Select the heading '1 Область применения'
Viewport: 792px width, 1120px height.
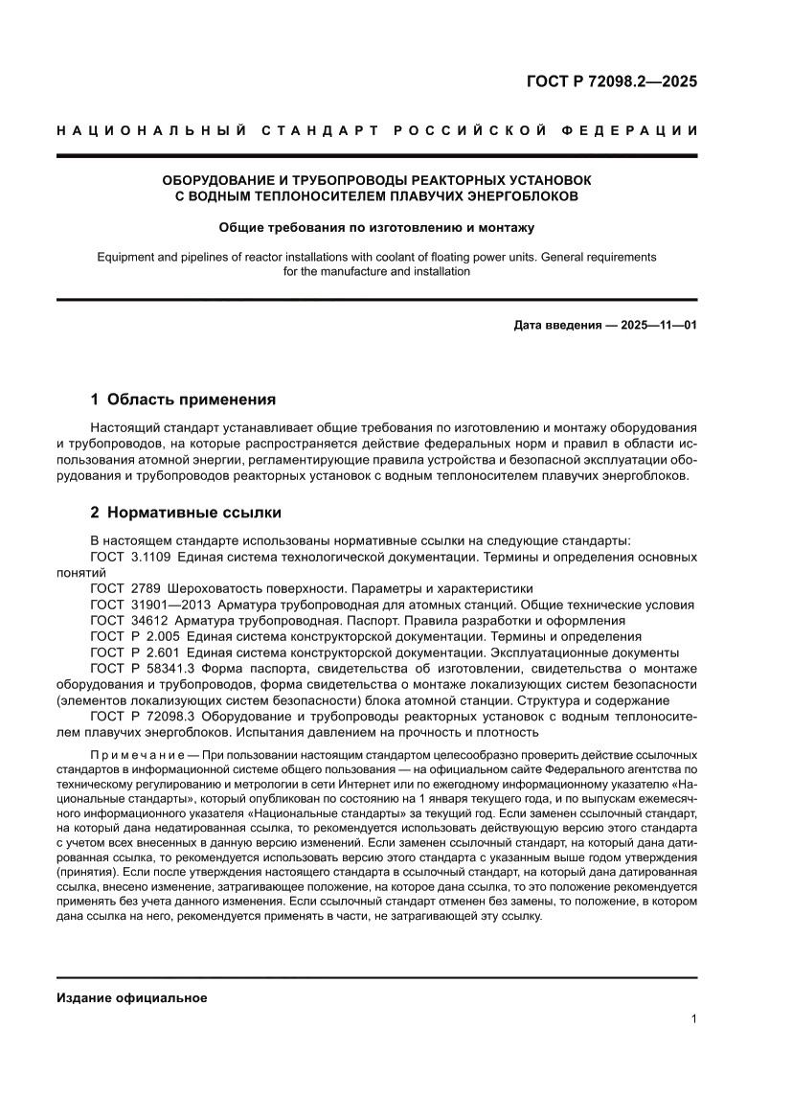pos(183,399)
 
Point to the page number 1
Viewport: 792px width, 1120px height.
pos(692,1019)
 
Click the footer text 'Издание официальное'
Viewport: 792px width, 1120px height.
pos(132,997)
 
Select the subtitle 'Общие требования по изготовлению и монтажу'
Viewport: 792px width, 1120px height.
pos(376,228)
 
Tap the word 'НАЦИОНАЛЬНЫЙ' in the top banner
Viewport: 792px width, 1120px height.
pos(145,130)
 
